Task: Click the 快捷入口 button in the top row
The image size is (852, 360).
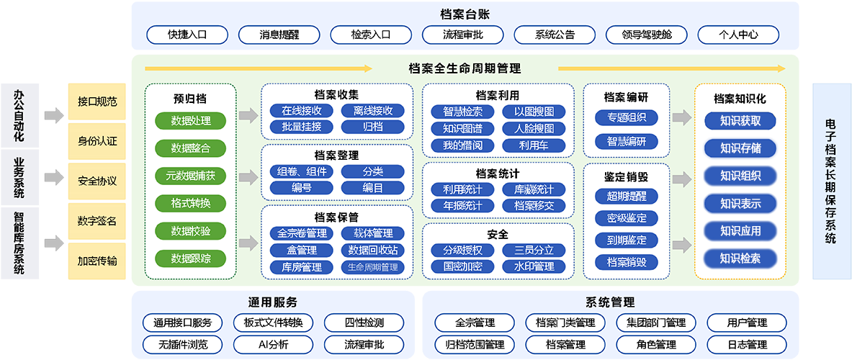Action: coord(187,34)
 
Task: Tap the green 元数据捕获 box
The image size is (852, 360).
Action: coord(191,176)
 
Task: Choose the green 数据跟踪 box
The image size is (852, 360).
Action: coord(191,258)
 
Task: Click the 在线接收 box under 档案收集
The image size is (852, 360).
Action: coord(302,111)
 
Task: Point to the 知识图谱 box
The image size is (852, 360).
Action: coord(462,129)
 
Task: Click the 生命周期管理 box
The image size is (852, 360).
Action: coord(372,267)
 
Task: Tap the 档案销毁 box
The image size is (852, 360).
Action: coord(627,262)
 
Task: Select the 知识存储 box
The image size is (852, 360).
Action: coord(740,148)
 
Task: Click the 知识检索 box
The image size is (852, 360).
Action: coord(740,258)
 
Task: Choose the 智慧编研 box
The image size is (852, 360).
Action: coord(627,141)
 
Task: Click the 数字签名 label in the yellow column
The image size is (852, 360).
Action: coord(97,221)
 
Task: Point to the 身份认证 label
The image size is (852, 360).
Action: coord(97,141)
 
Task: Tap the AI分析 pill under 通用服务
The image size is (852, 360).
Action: coord(273,344)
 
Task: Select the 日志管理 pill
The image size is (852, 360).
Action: coord(747,344)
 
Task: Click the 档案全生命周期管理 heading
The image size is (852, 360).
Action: coord(465,69)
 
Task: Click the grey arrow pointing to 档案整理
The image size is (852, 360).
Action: coord(248,176)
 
